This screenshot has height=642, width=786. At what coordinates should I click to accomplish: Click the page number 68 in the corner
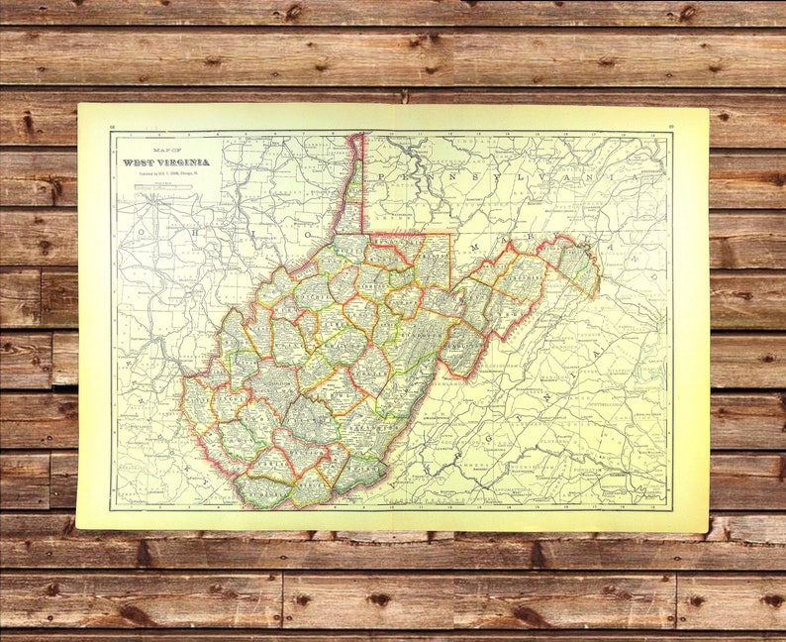click(113, 127)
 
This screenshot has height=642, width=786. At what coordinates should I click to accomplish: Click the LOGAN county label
click(238, 436)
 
